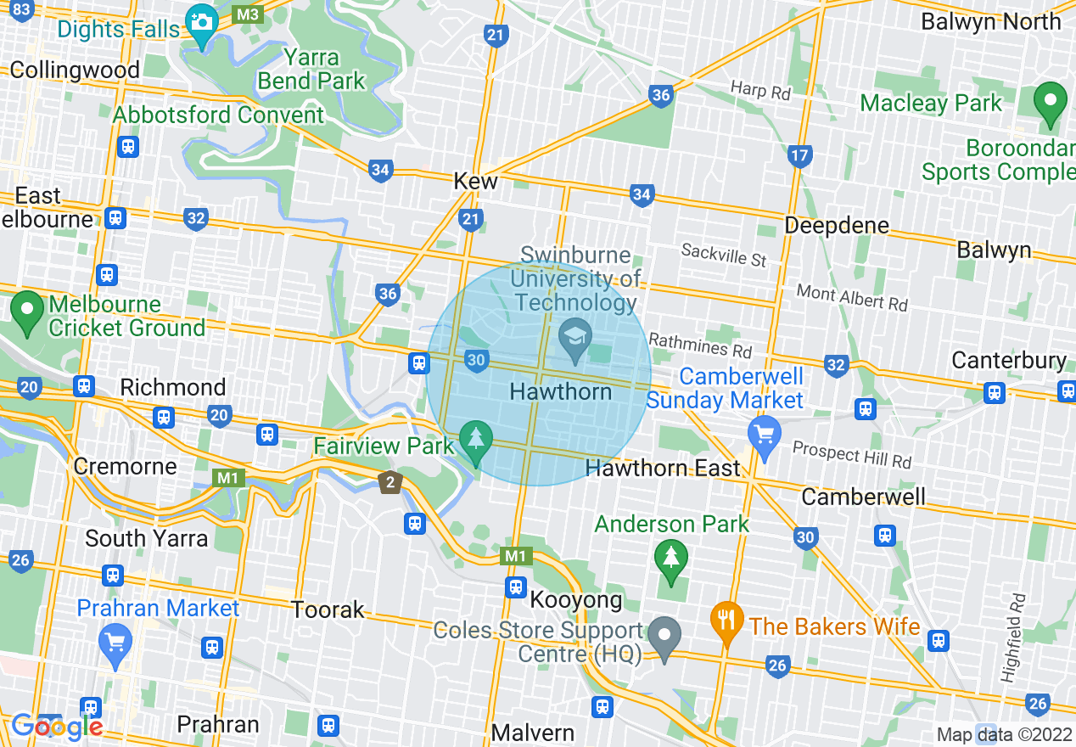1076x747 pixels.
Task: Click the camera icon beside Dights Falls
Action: [201, 21]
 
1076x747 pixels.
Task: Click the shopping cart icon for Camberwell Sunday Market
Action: [765, 435]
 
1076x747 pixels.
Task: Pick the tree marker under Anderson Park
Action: [671, 559]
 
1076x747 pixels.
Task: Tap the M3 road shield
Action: [249, 14]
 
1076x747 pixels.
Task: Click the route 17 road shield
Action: [799, 155]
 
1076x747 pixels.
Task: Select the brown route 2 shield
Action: [389, 482]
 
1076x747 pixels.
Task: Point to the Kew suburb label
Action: [476, 181]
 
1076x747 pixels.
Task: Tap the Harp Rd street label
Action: [760, 90]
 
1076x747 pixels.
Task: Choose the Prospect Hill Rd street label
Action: [852, 456]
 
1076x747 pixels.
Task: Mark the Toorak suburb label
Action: [328, 609]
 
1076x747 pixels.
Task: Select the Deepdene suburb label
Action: [837, 226]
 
